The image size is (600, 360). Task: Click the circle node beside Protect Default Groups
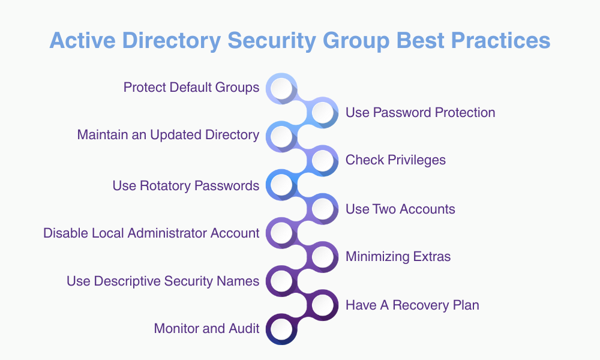click(x=281, y=88)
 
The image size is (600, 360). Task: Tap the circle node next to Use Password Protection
click(x=323, y=112)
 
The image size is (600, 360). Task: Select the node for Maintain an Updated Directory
click(x=281, y=136)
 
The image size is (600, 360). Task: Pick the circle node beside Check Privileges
click(x=323, y=160)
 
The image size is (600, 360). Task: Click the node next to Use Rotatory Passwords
click(x=281, y=185)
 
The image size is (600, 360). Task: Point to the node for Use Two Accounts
click(x=323, y=209)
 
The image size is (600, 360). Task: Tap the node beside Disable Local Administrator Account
click(x=281, y=233)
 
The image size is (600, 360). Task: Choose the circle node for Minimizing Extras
click(x=323, y=257)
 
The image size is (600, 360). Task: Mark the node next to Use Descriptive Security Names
click(x=281, y=281)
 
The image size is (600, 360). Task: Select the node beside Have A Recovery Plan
click(x=323, y=305)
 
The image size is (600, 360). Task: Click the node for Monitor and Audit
click(x=281, y=329)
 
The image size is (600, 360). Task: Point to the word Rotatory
click(x=166, y=185)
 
